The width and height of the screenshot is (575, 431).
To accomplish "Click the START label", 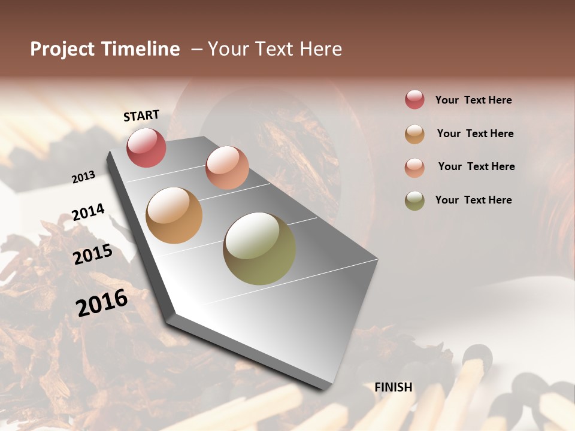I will (x=141, y=116).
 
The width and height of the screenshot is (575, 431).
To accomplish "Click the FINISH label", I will (x=394, y=387).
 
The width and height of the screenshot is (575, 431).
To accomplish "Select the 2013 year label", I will (x=83, y=177).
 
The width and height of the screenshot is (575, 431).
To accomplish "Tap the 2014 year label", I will (x=88, y=213).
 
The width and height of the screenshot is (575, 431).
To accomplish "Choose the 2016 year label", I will (x=102, y=302).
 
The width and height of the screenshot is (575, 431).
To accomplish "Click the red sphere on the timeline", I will (x=146, y=147).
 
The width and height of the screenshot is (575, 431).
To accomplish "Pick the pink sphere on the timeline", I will (x=227, y=168).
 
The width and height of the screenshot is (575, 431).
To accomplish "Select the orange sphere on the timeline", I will (x=174, y=215).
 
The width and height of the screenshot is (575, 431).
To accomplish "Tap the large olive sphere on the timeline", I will (x=259, y=248).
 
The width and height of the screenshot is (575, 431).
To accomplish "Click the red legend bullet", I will (x=414, y=99).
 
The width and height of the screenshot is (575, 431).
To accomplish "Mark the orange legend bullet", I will (x=414, y=134).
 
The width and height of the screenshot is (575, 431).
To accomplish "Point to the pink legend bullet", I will (x=414, y=168).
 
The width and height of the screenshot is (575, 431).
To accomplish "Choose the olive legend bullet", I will (x=414, y=201).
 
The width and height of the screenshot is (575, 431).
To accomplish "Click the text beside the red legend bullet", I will (x=474, y=100).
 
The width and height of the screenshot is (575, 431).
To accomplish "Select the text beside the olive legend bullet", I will (x=474, y=200).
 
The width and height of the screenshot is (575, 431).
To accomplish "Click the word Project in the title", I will (x=62, y=49).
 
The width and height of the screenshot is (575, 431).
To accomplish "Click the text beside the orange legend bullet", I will (x=476, y=133).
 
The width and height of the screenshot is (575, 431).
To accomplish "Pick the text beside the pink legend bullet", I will (x=477, y=166).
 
